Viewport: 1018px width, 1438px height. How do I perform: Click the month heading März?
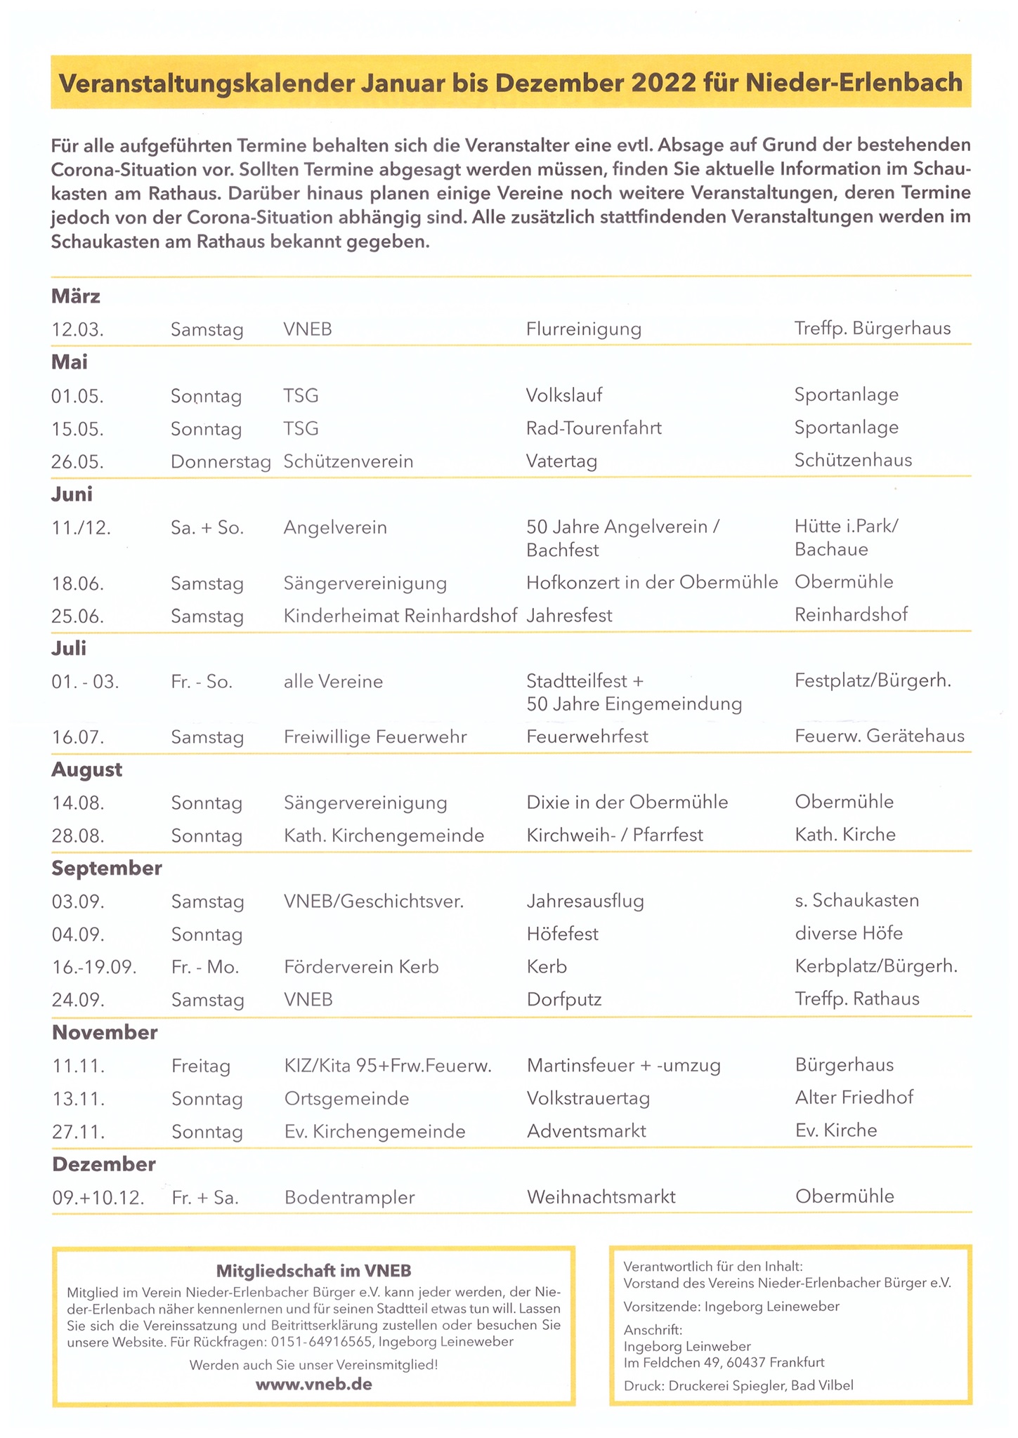click(76, 296)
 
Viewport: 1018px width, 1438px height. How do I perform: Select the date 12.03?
click(77, 329)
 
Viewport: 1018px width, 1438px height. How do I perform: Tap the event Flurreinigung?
click(583, 329)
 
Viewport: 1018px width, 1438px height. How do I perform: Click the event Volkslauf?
click(564, 395)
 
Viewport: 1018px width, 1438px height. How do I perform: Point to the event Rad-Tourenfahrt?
click(594, 428)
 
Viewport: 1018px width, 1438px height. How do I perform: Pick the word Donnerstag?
click(221, 462)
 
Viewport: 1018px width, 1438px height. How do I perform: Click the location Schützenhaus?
click(853, 461)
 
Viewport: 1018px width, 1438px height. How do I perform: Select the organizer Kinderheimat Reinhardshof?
click(400, 616)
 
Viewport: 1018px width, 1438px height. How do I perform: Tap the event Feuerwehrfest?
click(587, 737)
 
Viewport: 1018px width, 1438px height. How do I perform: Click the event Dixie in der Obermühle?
click(627, 803)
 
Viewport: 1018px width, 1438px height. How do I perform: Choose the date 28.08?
click(78, 836)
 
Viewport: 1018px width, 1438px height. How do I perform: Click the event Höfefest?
click(562, 934)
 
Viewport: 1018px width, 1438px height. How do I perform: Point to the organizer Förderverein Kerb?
click(361, 968)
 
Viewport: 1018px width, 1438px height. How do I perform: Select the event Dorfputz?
click(564, 1000)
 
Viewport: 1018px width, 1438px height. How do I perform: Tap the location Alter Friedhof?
click(854, 1097)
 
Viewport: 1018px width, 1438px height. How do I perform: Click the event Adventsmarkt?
click(586, 1131)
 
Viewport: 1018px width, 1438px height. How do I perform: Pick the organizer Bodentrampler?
click(349, 1198)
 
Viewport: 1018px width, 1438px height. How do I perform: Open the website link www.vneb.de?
click(313, 1385)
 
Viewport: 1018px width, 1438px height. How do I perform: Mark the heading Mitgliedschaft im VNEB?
click(313, 1270)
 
